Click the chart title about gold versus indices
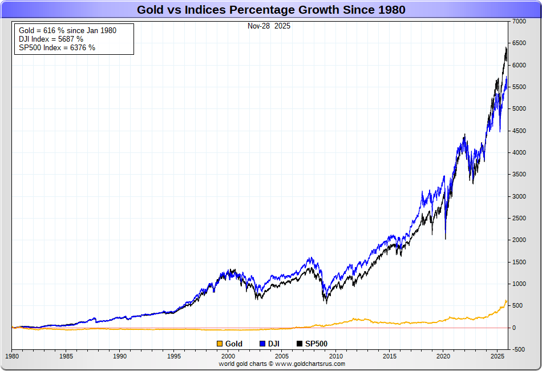click(x=271, y=10)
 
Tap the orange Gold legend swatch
click(x=220, y=344)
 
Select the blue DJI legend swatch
click(x=262, y=344)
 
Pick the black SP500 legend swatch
click(x=300, y=344)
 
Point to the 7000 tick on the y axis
click(x=519, y=21)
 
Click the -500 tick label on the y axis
click(x=519, y=349)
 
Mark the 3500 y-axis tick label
click(x=519, y=175)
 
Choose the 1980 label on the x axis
click(x=11, y=356)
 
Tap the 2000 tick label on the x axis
click(x=228, y=356)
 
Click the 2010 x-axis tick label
click(x=337, y=356)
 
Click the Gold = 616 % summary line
click(x=67, y=30)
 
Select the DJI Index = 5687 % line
click(x=51, y=39)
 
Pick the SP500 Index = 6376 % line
click(x=56, y=47)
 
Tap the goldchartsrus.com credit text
click(x=282, y=364)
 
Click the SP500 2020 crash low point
click(x=445, y=239)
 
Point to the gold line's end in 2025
click(x=507, y=300)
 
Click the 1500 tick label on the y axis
click(x=519, y=262)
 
